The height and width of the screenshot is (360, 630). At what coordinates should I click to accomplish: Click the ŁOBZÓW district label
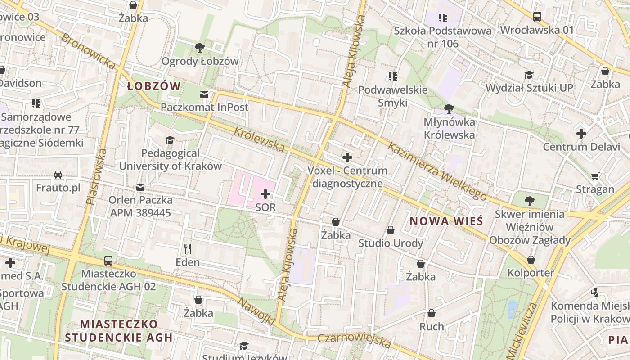click(154, 86)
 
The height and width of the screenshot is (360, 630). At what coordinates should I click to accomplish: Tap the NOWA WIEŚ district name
click(446, 221)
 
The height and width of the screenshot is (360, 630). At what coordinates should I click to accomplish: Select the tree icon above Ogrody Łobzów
click(200, 47)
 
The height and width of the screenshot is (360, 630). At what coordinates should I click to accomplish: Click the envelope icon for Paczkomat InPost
click(204, 94)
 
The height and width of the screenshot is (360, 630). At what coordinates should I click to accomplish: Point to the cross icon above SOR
click(265, 194)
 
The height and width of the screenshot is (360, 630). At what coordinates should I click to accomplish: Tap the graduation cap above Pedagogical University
click(170, 140)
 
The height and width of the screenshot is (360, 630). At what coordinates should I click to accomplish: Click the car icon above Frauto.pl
click(58, 174)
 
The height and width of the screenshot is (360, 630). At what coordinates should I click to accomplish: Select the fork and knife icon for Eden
click(188, 248)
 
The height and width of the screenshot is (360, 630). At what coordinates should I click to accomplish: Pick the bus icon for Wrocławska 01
click(537, 17)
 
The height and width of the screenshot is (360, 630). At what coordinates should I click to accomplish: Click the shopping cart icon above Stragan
click(595, 176)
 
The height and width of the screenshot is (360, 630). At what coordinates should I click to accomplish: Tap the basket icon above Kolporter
click(531, 260)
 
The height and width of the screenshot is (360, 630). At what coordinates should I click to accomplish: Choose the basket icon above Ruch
click(432, 313)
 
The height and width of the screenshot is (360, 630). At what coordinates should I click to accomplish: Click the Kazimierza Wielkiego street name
click(437, 171)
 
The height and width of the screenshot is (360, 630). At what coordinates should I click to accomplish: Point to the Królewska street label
click(260, 139)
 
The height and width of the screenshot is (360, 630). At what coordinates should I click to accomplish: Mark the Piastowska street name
click(97, 177)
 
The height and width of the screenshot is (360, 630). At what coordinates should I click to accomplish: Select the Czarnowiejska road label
click(354, 341)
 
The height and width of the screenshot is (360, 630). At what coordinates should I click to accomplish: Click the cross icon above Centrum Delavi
click(581, 134)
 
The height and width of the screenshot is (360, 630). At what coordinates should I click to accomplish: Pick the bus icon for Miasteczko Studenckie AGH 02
click(108, 260)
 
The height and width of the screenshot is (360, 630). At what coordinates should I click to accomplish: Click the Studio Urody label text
click(391, 243)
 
